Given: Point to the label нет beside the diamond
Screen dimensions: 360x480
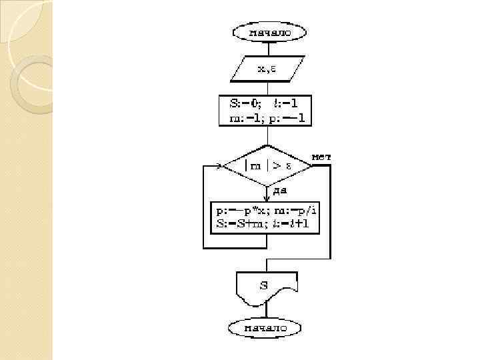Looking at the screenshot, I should click(x=321, y=157).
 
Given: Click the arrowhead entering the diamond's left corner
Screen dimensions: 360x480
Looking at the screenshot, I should click(x=219, y=165).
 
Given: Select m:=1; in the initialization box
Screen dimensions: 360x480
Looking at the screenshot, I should click(x=237, y=119).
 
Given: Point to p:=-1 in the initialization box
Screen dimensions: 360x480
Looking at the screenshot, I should click(x=289, y=119).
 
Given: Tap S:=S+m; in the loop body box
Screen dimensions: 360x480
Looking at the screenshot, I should click(x=237, y=224).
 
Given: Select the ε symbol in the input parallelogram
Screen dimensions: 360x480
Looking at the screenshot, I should click(x=274, y=68).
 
